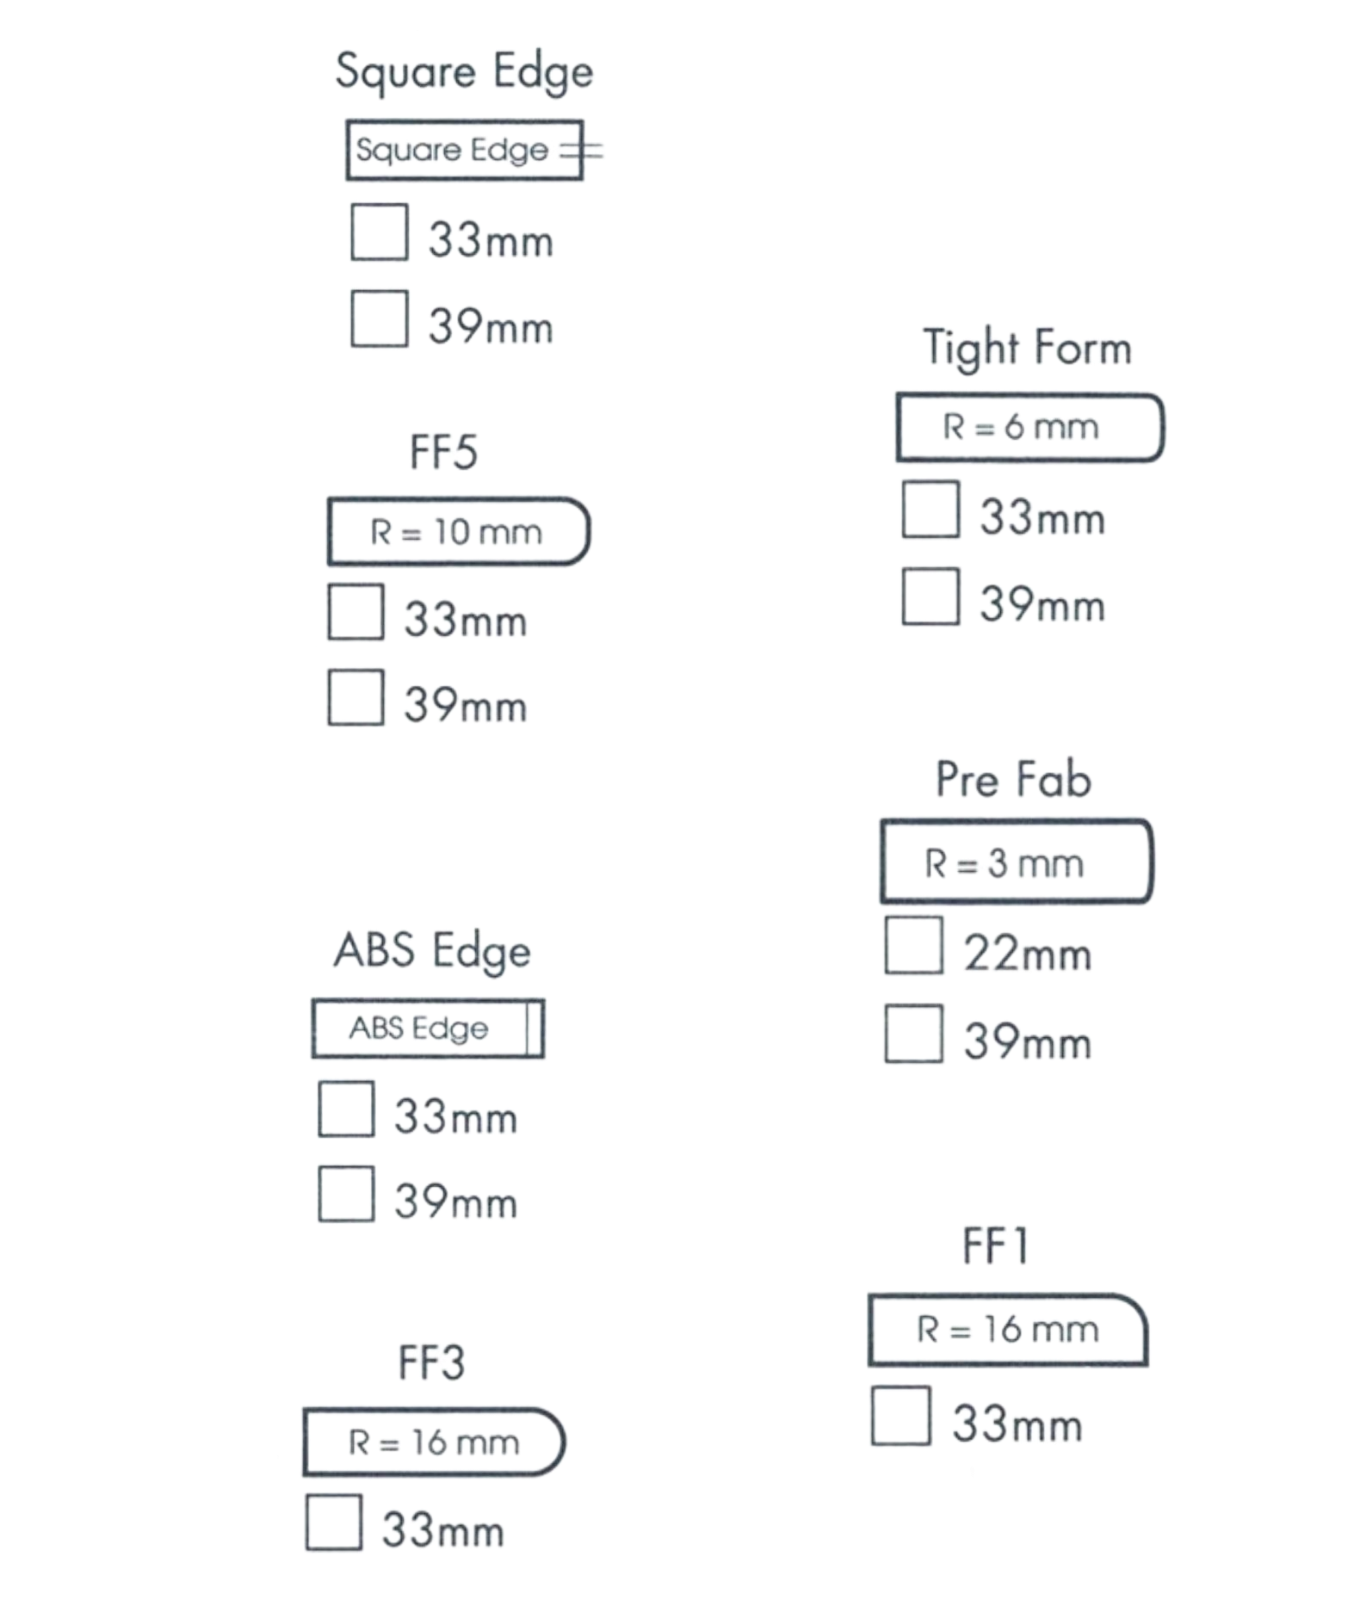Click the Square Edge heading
point(463,71)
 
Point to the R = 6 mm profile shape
point(1029,427)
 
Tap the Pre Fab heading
point(1013,779)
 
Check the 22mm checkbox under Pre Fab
point(913,946)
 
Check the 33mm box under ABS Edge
point(346,1109)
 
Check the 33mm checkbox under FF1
point(901,1415)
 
